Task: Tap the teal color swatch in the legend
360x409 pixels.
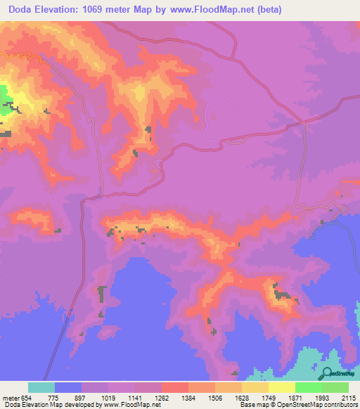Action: coord(41,387)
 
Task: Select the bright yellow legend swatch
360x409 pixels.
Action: coord(281,387)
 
